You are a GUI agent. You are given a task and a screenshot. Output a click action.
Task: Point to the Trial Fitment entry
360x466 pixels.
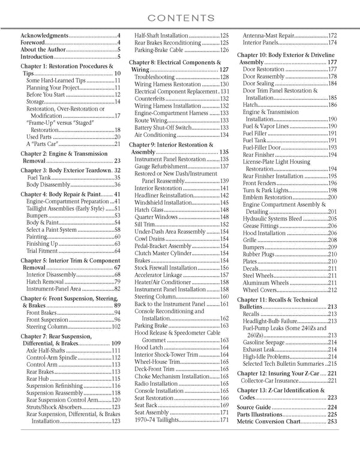(47, 252)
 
